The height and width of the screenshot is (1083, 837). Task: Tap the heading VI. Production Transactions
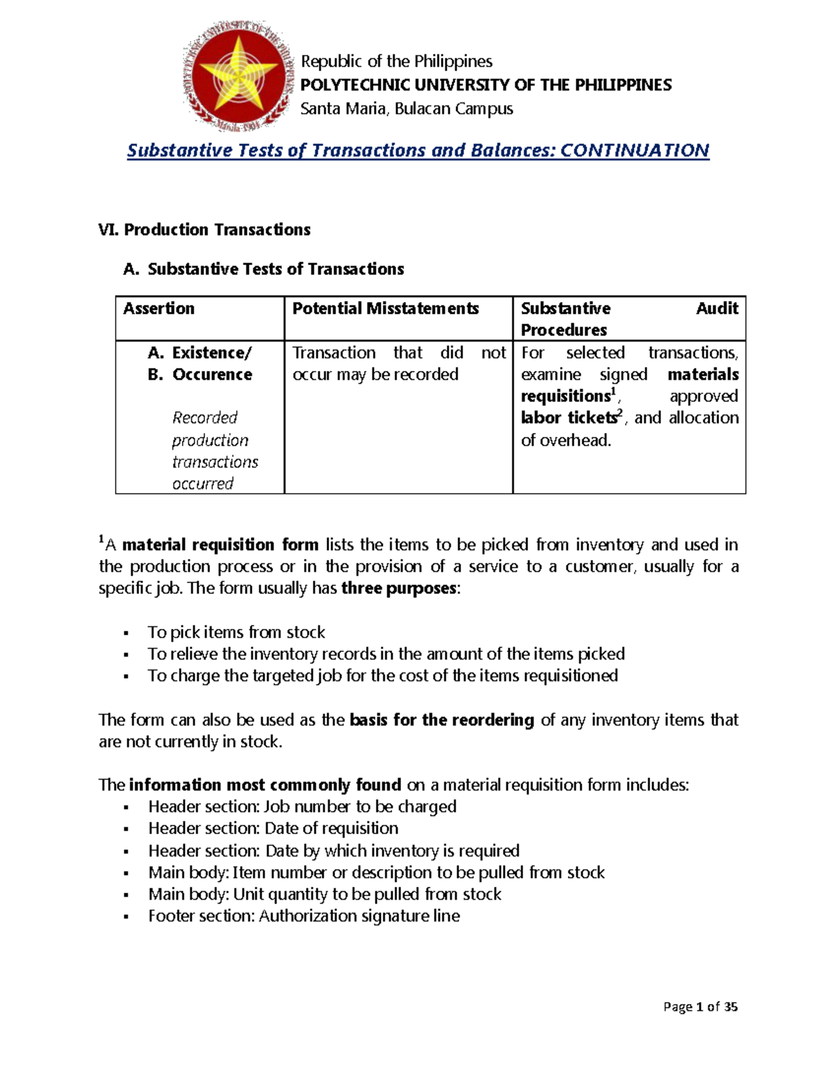pyautogui.click(x=204, y=229)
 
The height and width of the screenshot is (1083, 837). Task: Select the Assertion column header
pyautogui.click(x=159, y=308)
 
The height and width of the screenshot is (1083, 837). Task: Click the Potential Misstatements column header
pyautogui.click(x=385, y=308)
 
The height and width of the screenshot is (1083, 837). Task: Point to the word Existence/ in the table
pyautogui.click(x=212, y=353)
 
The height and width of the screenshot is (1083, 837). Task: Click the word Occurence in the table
pyautogui.click(x=212, y=374)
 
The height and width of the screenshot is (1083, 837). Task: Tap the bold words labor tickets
pyautogui.click(x=568, y=418)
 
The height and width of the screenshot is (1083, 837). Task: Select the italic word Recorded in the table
pyautogui.click(x=204, y=418)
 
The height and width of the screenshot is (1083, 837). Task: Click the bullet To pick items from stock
pyautogui.click(x=236, y=633)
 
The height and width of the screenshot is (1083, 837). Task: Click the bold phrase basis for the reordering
pyautogui.click(x=442, y=720)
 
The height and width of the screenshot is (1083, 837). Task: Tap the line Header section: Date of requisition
pyautogui.click(x=273, y=828)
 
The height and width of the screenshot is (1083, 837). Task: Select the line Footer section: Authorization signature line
pyautogui.click(x=303, y=916)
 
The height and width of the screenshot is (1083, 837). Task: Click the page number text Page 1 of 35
pyautogui.click(x=700, y=1006)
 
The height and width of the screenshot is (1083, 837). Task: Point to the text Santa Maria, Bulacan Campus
pyautogui.click(x=407, y=109)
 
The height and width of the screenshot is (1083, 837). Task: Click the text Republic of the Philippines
pyautogui.click(x=396, y=61)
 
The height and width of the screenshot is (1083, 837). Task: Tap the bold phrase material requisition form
pyautogui.click(x=220, y=545)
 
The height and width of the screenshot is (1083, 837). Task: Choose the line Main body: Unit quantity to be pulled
pyautogui.click(x=324, y=894)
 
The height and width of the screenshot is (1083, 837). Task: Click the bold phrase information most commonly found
pyautogui.click(x=265, y=785)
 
